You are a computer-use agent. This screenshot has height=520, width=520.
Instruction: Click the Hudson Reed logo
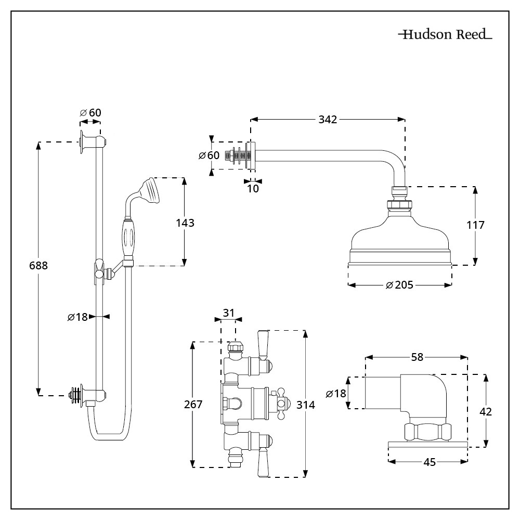pos(445,35)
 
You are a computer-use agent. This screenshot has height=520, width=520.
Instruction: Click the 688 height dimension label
pos(38,265)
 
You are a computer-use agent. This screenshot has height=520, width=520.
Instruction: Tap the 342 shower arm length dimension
pos(328,120)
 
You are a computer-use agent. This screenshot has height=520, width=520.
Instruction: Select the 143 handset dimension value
pos(185,223)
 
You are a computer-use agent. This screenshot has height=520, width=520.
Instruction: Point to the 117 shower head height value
pos(475,225)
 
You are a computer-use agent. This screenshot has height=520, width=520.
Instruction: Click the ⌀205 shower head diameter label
pos(399,285)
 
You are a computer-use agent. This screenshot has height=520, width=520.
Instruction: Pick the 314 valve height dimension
pos(306,404)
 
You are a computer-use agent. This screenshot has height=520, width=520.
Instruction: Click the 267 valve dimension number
pos(193,404)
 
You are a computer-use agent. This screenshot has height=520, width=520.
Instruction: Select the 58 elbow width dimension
pos(417,357)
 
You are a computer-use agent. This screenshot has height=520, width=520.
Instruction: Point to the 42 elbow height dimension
pos(486,411)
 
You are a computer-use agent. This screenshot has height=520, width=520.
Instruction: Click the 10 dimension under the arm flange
pos(253,189)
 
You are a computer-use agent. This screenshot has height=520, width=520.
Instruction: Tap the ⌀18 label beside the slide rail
pos(77,316)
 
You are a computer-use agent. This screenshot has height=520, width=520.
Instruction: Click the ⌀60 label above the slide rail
pos(90,113)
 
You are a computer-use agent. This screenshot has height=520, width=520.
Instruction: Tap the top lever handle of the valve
pos(263,344)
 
